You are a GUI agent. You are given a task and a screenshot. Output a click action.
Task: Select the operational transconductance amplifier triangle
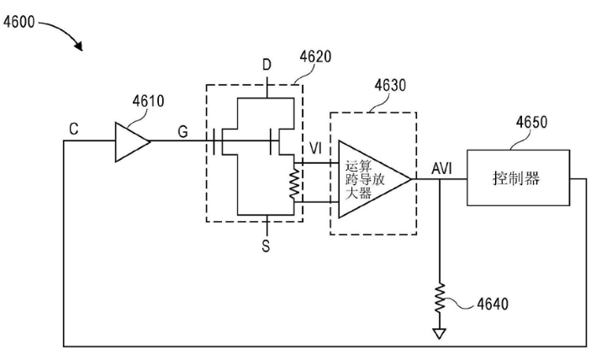(371, 179)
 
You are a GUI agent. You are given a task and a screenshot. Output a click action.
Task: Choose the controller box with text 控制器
(516, 178)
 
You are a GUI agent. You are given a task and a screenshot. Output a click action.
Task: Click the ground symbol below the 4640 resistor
(439, 332)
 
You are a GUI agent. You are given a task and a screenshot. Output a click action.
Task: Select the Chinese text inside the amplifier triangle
(363, 179)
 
